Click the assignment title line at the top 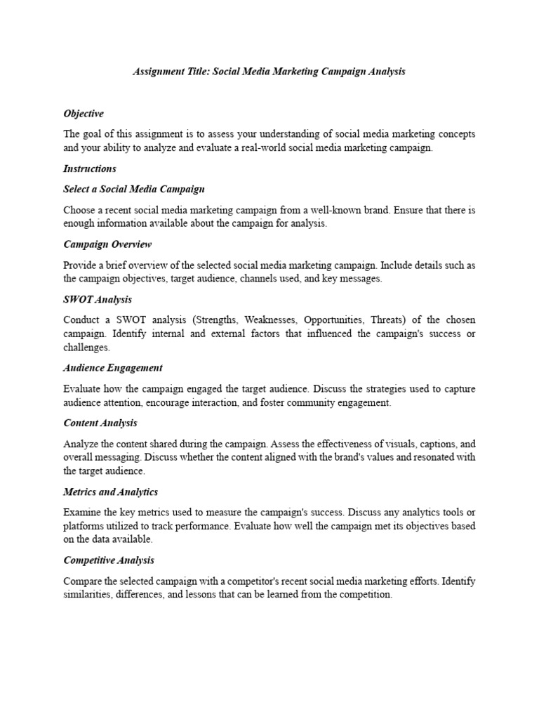pos(269,72)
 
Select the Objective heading pos(84,114)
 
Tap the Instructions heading pos(90,169)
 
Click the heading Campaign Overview pos(107,244)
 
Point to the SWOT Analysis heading pos(98,299)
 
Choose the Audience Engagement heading pos(113,367)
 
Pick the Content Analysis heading pos(100,423)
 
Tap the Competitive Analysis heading pos(109,560)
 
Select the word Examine pos(81,513)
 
